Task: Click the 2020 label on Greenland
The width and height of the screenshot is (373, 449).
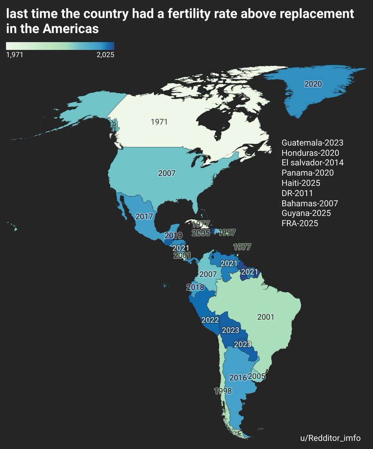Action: click(313, 84)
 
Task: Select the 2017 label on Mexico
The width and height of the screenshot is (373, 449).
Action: click(144, 217)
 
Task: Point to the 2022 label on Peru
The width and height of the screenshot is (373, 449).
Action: click(210, 320)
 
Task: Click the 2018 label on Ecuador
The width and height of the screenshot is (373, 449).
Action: click(195, 287)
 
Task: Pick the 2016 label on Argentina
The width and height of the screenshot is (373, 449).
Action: click(238, 378)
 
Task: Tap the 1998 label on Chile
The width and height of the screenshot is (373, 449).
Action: click(223, 391)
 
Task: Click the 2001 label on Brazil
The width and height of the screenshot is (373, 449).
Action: click(266, 317)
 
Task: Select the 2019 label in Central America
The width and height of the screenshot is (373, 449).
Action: click(173, 236)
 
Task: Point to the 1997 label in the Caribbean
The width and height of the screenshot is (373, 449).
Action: click(227, 233)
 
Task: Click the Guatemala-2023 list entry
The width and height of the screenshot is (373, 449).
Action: click(312, 143)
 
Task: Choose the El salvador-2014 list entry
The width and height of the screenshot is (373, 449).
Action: click(312, 163)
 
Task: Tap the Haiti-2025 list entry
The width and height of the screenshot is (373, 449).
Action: click(301, 183)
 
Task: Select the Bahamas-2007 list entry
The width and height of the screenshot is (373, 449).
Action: click(310, 204)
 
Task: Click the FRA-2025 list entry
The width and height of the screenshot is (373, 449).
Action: click(300, 224)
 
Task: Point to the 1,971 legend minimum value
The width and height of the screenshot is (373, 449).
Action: click(15, 55)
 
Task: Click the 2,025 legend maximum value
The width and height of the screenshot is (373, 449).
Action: click(105, 55)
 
